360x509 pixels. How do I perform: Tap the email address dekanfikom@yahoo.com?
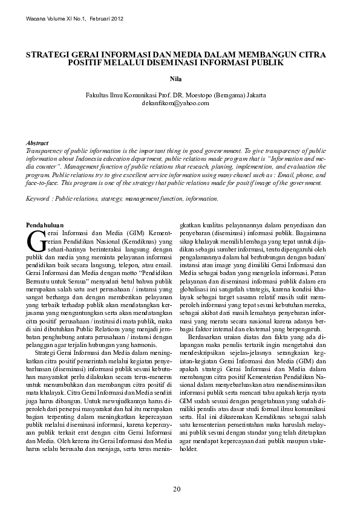pyautogui.click(x=180, y=103)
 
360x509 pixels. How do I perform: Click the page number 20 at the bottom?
pyautogui.click(x=176, y=488)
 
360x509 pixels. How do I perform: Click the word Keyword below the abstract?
pyautogui.click(x=38, y=198)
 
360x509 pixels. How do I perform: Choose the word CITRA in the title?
pyautogui.click(x=312, y=54)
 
